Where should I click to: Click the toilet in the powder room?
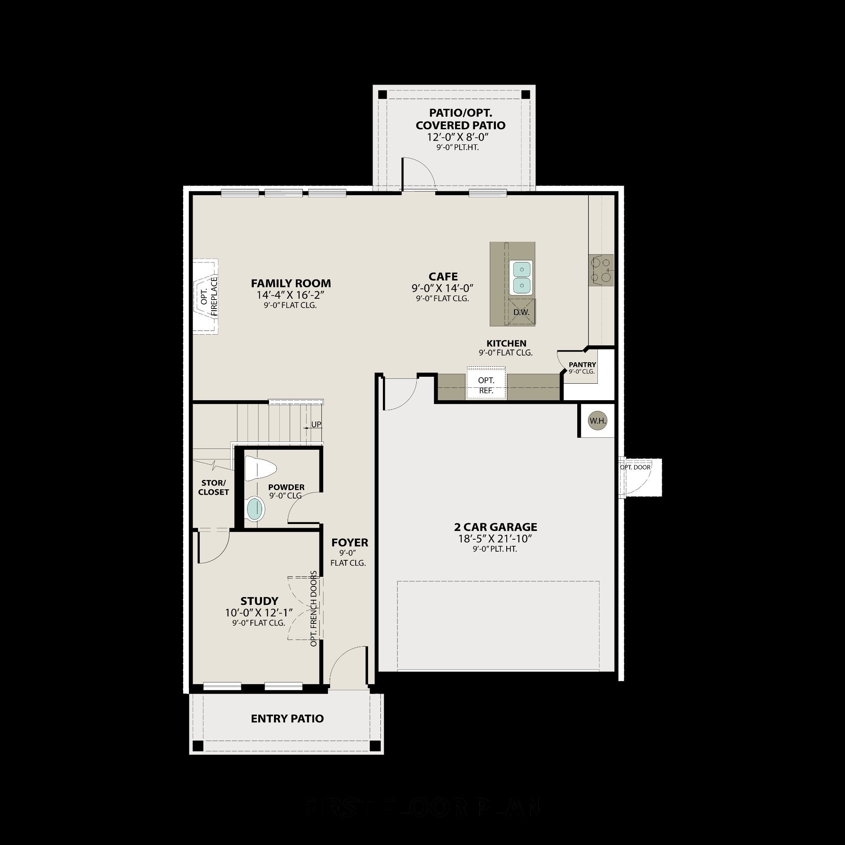pyautogui.click(x=260, y=468)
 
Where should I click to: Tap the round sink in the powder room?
pyautogui.click(x=255, y=509)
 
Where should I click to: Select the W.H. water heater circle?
pyautogui.click(x=597, y=421)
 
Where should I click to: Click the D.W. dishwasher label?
pyautogui.click(x=522, y=312)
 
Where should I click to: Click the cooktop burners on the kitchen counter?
pyautogui.click(x=601, y=270)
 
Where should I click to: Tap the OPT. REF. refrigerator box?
pyautogui.click(x=486, y=385)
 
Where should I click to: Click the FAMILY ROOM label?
pyautogui.click(x=291, y=283)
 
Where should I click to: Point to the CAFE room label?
pyautogui.click(x=443, y=276)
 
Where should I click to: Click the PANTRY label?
pyautogui.click(x=582, y=364)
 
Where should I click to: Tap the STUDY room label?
pyautogui.click(x=260, y=600)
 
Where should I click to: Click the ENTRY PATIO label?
pyautogui.click(x=287, y=718)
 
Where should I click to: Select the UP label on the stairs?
pyautogui.click(x=316, y=424)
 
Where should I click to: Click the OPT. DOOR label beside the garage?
pyautogui.click(x=635, y=467)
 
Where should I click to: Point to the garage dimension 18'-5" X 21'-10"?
pyautogui.click(x=495, y=538)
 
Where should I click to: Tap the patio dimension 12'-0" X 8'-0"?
pyautogui.click(x=458, y=137)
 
